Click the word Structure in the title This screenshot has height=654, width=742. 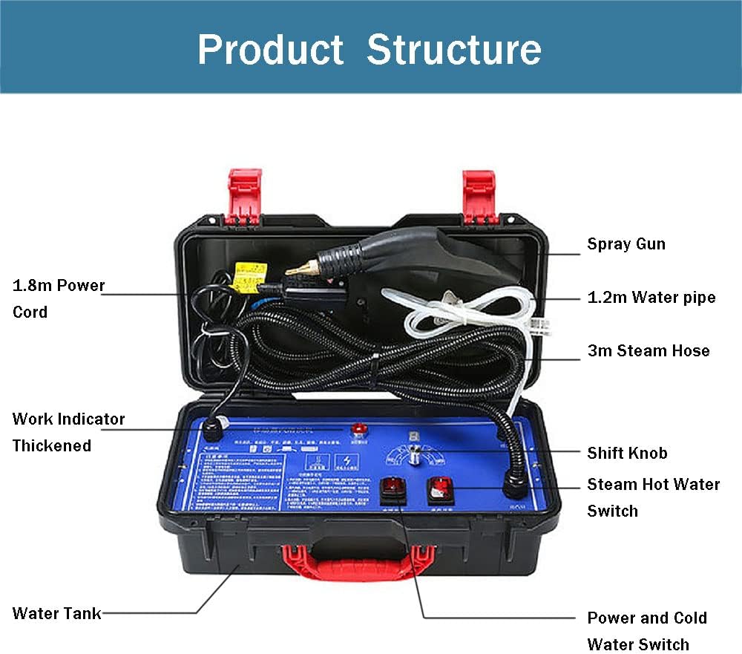[x=453, y=49]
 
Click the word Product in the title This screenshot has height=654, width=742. [x=270, y=49]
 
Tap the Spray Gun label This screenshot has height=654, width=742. [x=626, y=243]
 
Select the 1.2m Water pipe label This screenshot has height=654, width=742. [x=651, y=297]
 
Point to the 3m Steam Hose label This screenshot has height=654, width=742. [x=649, y=350]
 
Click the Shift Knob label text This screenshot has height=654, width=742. [x=627, y=453]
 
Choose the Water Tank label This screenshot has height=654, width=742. [x=57, y=613]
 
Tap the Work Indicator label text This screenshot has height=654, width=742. [x=68, y=419]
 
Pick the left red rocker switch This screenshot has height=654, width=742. [x=392, y=491]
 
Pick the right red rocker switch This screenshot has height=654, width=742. [x=440, y=489]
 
